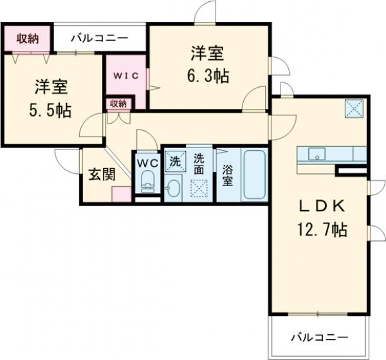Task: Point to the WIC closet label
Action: tap(127, 75)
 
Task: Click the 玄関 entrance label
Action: tap(100, 175)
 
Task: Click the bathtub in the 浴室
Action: tap(253, 176)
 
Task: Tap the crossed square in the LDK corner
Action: tap(354, 108)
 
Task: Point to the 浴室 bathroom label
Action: tap(228, 175)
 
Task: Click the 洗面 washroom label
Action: tap(199, 164)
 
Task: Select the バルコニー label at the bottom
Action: tap(318, 337)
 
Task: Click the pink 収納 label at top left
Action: tap(27, 38)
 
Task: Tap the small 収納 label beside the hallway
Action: tap(117, 103)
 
